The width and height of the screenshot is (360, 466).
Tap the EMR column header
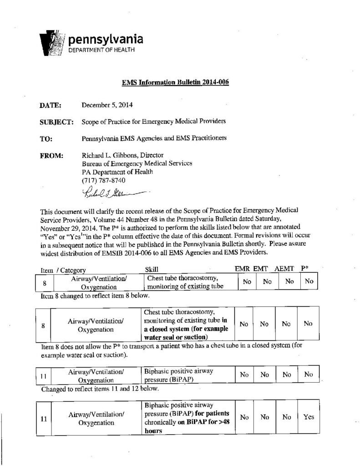[x=242, y=269]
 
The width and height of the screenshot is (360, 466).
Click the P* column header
[x=306, y=269]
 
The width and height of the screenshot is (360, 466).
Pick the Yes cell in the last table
[x=309, y=417]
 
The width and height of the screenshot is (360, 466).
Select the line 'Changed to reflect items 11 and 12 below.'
[x=100, y=389]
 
